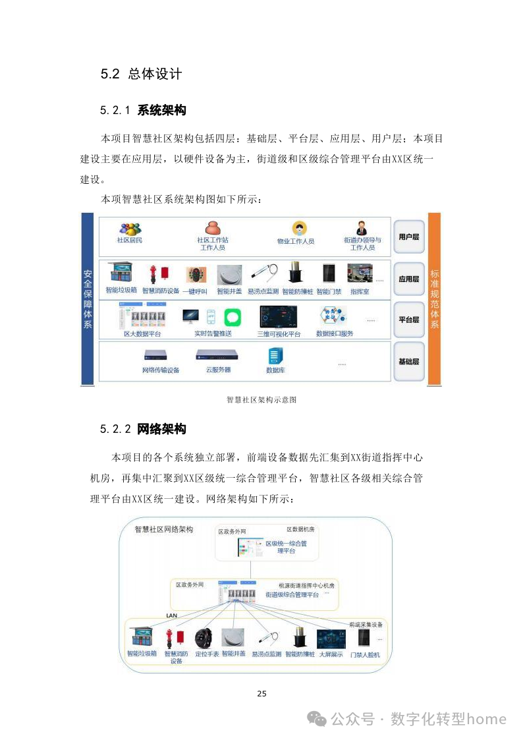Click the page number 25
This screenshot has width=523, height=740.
click(x=261, y=693)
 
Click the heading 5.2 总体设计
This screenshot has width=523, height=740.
click(x=141, y=74)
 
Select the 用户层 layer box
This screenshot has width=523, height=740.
click(x=408, y=236)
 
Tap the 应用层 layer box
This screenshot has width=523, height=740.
click(x=408, y=279)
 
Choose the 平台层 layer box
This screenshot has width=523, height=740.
click(x=408, y=320)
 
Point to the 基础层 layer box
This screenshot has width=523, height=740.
click(x=408, y=361)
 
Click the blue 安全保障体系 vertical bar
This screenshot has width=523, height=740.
click(x=88, y=299)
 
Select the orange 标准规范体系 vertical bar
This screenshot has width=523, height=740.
click(x=434, y=299)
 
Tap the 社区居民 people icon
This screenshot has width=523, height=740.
click(x=130, y=228)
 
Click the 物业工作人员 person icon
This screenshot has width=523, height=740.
click(x=300, y=229)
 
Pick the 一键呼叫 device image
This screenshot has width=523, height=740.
click(x=196, y=275)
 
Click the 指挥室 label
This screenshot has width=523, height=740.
click(x=360, y=291)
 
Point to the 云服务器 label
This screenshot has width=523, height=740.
click(x=219, y=370)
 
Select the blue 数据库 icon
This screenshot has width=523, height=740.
click(x=275, y=356)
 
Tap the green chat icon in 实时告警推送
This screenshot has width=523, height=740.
click(x=233, y=317)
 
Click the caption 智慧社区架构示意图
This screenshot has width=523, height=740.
click(x=261, y=399)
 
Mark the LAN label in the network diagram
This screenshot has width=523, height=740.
click(x=173, y=615)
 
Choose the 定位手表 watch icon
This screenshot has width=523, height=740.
click(x=204, y=638)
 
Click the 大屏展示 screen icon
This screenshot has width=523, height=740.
click(x=331, y=639)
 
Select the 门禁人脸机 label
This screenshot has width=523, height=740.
click(x=365, y=654)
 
